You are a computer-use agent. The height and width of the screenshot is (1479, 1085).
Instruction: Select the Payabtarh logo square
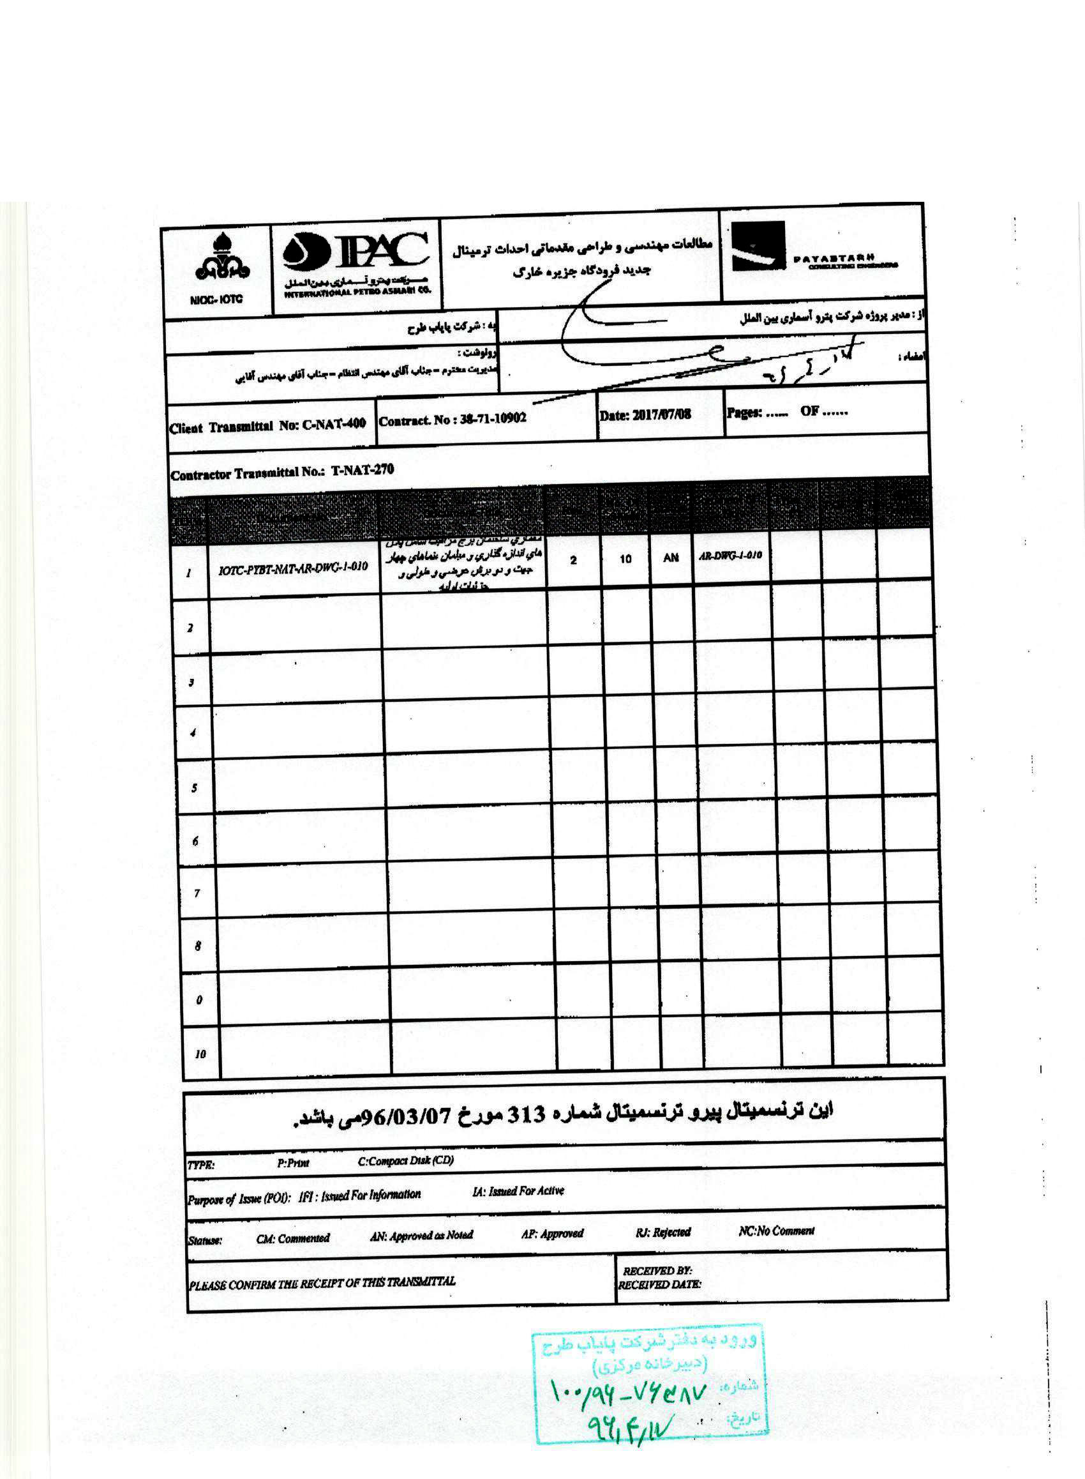point(759,247)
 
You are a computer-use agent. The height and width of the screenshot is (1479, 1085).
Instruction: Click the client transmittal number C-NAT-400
point(334,424)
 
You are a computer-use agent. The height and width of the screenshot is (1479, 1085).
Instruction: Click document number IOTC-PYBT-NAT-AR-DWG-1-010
point(293,567)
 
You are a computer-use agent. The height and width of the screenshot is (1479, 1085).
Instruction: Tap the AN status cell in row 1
point(671,557)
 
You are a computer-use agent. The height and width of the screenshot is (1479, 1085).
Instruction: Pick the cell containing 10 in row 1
point(625,559)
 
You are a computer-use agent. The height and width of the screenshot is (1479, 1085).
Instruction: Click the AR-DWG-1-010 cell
point(730,555)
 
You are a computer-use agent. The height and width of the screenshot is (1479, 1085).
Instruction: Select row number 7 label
point(197,893)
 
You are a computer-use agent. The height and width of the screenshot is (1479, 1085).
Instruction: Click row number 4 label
point(193,732)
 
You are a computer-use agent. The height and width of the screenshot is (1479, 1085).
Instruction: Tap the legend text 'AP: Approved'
point(552,1233)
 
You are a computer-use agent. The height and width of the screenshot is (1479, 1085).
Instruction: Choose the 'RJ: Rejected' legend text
point(662,1232)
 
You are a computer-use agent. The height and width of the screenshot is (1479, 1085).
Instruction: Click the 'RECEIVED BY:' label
point(657,1271)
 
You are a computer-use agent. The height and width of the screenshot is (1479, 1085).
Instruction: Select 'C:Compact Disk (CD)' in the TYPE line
point(406,1160)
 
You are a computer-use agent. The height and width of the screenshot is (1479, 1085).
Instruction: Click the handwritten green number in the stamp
point(628,1393)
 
